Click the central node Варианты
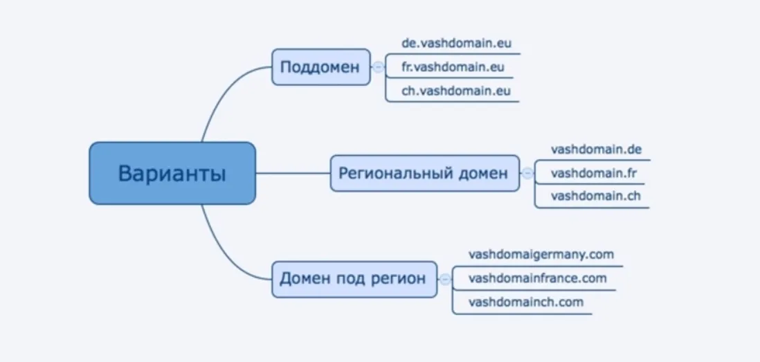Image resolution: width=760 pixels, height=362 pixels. (172, 173)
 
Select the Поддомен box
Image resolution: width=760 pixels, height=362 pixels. (320, 67)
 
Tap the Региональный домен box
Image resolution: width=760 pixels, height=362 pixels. (424, 173)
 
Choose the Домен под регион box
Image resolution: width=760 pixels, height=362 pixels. (354, 279)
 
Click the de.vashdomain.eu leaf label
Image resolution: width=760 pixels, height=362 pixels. (456, 43)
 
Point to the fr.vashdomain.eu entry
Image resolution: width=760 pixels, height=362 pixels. (453, 67)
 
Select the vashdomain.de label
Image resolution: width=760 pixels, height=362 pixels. (597, 149)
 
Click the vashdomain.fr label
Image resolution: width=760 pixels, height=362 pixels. (594, 173)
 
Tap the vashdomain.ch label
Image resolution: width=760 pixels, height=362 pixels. (596, 196)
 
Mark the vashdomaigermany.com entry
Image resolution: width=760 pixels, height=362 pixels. (541, 254)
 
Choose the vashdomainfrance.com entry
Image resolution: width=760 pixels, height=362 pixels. (537, 278)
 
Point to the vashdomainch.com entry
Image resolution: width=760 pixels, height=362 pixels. (525, 302)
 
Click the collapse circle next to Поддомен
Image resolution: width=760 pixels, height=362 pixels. (379, 67)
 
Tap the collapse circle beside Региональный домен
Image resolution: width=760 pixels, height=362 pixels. (527, 173)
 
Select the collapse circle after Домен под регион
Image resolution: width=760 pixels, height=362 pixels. (445, 279)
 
